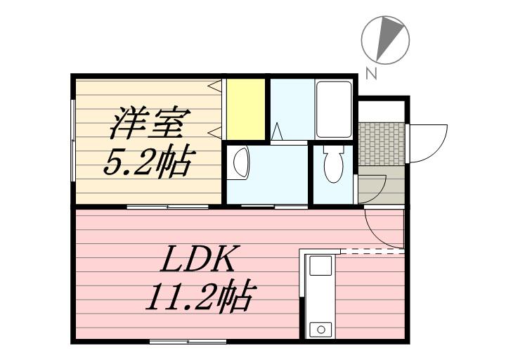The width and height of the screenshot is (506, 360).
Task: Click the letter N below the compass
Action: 370,72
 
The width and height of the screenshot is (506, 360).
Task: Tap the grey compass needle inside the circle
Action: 387,39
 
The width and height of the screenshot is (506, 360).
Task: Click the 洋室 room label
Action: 147,124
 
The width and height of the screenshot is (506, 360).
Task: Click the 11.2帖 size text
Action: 199,297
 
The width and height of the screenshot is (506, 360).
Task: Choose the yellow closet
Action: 244,110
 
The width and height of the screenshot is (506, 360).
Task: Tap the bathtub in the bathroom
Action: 333,110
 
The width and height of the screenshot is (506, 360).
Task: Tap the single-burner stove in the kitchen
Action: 321,328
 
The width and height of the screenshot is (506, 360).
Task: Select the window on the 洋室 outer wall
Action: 74,140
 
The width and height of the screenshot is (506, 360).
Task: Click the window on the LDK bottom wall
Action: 188,342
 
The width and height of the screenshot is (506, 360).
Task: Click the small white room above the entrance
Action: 382,110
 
